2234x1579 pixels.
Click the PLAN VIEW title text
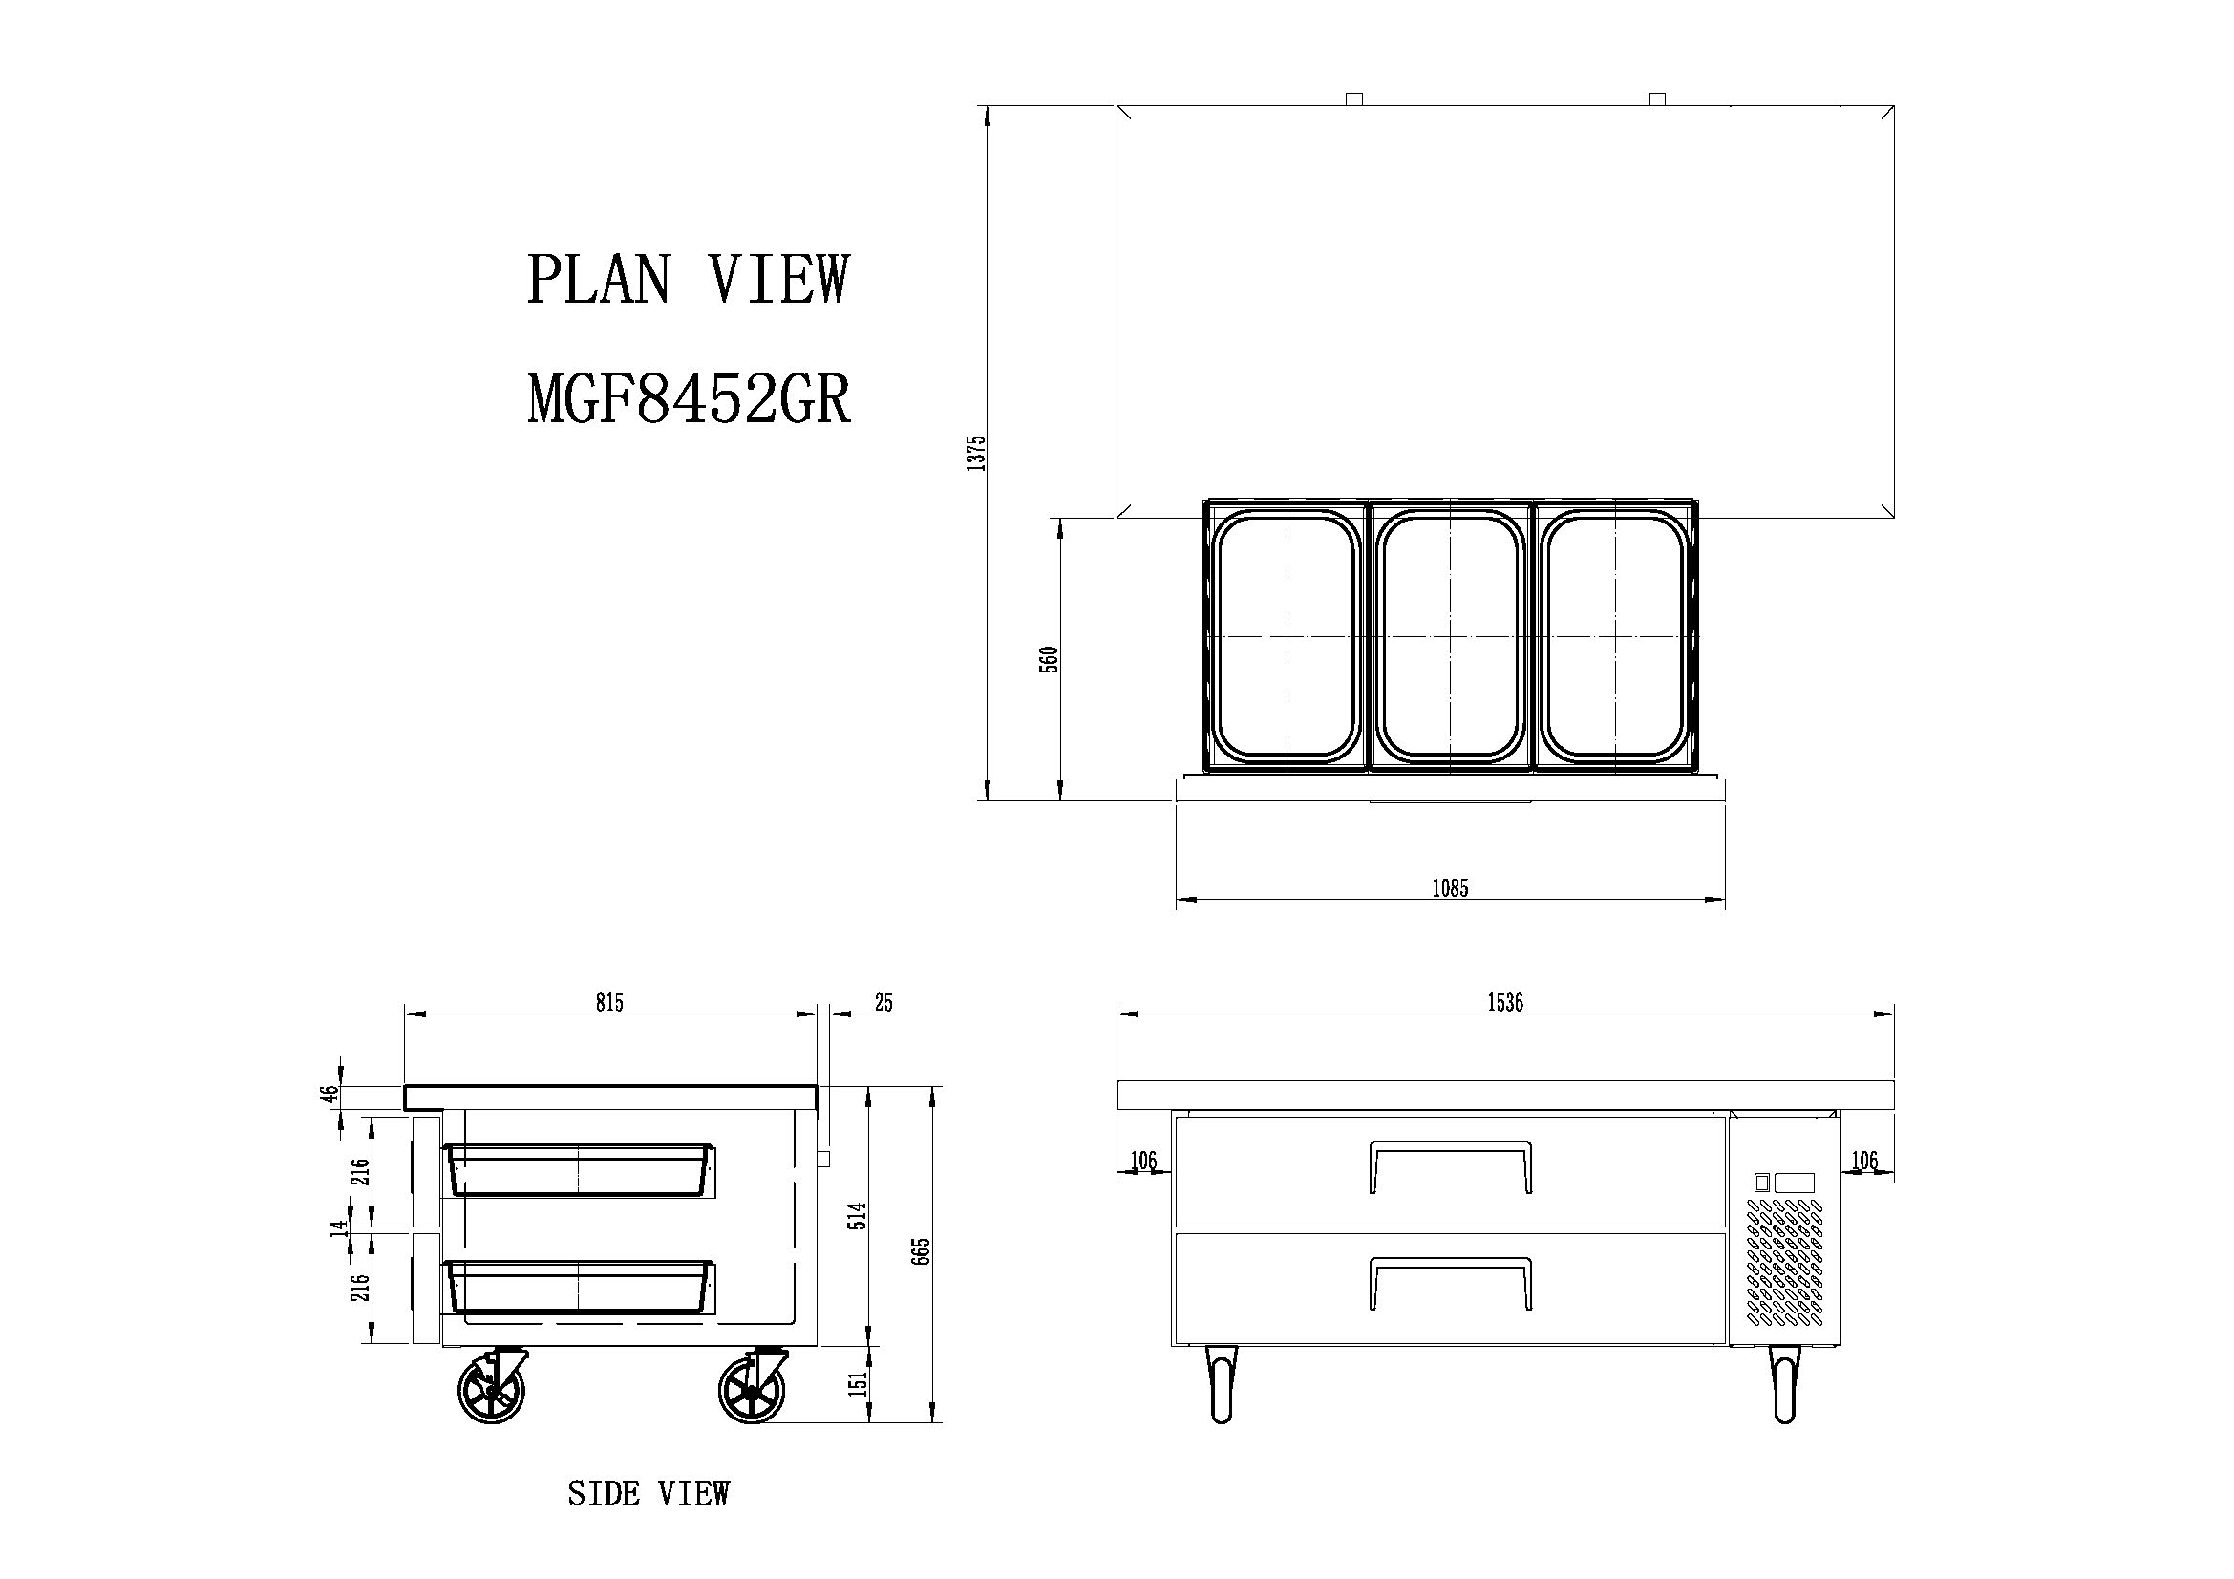click(x=688, y=279)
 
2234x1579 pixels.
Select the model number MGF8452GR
click(x=689, y=399)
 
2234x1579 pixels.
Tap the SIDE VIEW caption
click(x=648, y=1493)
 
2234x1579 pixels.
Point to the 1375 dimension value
click(x=977, y=454)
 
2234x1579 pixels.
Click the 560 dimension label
click(x=1049, y=661)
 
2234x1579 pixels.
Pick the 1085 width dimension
click(x=1450, y=887)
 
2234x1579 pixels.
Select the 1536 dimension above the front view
click(x=1505, y=1003)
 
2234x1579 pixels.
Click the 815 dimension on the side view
click(x=609, y=1002)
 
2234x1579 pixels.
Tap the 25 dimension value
click(x=883, y=1002)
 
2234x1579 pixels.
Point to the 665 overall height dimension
click(x=924, y=1251)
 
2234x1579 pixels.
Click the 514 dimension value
click(x=857, y=1216)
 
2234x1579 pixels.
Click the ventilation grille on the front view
click(x=1784, y=1263)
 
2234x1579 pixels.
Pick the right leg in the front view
click(x=1784, y=1385)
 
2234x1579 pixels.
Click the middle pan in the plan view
click(x=1451, y=636)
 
